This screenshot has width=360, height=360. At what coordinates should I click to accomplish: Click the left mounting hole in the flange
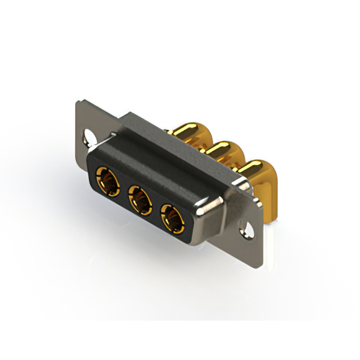pyautogui.click(x=89, y=136)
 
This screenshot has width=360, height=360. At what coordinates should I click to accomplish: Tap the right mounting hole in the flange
pyautogui.click(x=245, y=228)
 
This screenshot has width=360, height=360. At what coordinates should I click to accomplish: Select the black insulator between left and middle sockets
pyautogui.click(x=124, y=190)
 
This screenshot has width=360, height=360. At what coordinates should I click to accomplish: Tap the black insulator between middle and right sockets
pyautogui.click(x=156, y=208)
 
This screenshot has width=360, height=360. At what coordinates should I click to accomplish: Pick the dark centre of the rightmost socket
pyautogui.click(x=174, y=219)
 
